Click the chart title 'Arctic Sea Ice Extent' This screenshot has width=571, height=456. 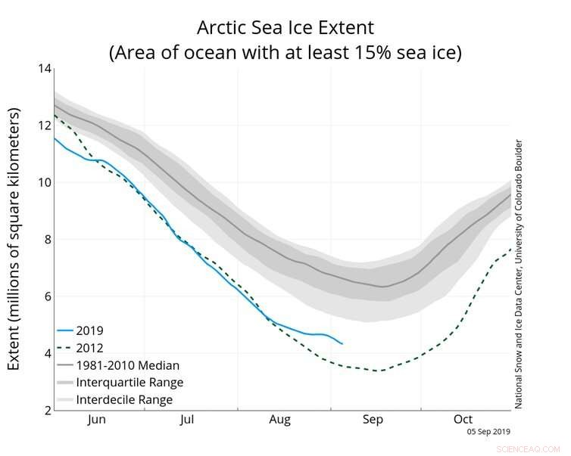(x=285, y=28)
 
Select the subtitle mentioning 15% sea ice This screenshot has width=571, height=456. (x=285, y=53)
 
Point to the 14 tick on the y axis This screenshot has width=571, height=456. (x=44, y=69)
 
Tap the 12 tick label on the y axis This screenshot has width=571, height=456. (x=44, y=126)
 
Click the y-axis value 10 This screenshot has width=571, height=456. (x=44, y=182)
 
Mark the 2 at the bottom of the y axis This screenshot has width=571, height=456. (x=47, y=410)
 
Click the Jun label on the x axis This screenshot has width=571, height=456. (x=98, y=419)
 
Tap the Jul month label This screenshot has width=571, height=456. (x=189, y=419)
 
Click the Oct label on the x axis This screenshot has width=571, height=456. (x=463, y=419)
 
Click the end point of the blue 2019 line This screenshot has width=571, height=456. (x=342, y=344)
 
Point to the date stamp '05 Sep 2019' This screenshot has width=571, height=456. (x=490, y=432)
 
